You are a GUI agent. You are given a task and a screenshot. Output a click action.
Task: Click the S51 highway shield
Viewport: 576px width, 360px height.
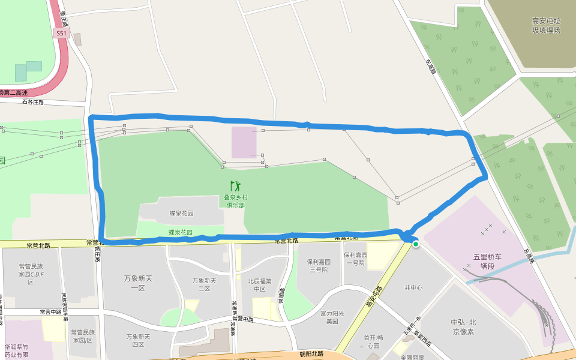coord(61,34)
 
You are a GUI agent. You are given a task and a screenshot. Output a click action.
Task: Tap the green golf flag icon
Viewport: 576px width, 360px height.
coord(235,186)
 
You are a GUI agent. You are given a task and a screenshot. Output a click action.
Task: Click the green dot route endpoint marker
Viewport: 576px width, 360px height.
coord(415,244)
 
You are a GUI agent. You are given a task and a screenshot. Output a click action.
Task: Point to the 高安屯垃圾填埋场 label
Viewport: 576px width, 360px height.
coord(545,25)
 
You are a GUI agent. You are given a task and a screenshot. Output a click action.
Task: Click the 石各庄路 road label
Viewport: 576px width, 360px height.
coord(33,102)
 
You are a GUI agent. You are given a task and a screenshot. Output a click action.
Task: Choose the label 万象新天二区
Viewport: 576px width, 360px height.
coord(204,284)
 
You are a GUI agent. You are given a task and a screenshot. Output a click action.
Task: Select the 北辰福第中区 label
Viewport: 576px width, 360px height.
coord(259,284)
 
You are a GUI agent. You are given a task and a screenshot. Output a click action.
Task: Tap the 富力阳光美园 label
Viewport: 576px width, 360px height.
coord(332,317)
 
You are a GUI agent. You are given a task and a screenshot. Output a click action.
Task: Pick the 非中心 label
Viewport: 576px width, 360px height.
coord(414,288)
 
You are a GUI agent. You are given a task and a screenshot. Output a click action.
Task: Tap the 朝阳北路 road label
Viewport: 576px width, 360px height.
coord(311,354)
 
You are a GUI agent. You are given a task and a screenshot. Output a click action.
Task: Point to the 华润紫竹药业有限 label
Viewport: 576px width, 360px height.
coord(17,350)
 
